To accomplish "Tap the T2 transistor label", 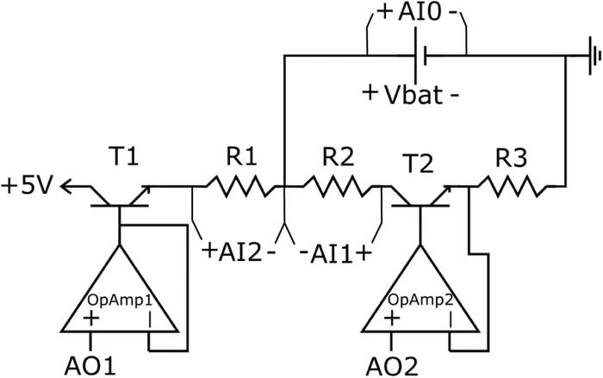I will (x=417, y=164).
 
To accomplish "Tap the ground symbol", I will (x=592, y=57).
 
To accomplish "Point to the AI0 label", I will (x=417, y=15).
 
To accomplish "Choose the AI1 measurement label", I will (x=335, y=253).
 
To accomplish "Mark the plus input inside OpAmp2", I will (x=393, y=319).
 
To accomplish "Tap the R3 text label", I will (x=513, y=158).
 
